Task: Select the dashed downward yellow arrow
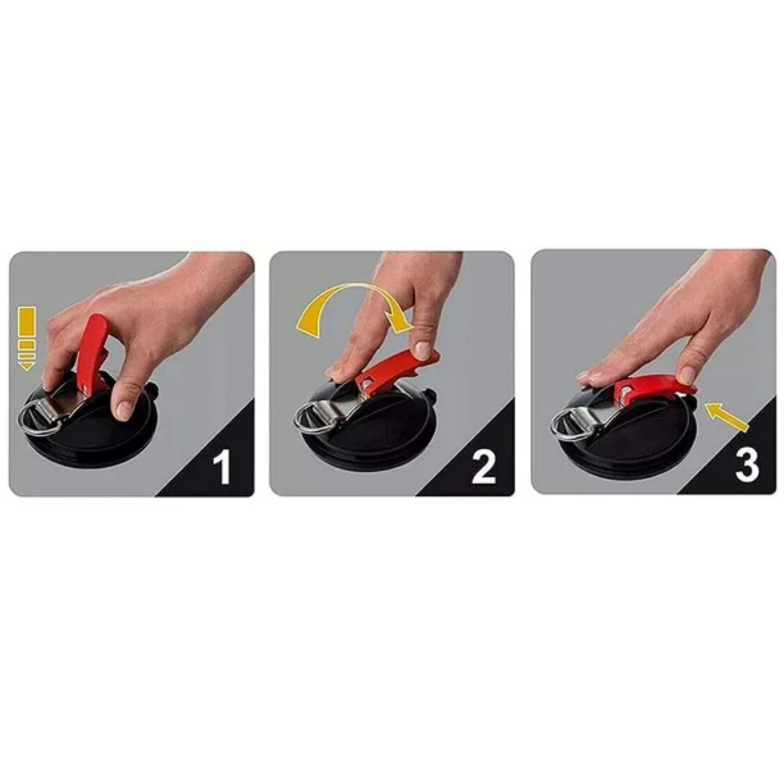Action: pyautogui.click(x=27, y=338)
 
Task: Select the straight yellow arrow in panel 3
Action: pyautogui.click(x=727, y=416)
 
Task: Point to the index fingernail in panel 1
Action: pyautogui.click(x=125, y=410)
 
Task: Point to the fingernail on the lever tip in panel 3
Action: pyautogui.click(x=687, y=375)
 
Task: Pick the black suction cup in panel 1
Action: pyautogui.click(x=88, y=431)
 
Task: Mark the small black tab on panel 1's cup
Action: pyautogui.click(x=154, y=390)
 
